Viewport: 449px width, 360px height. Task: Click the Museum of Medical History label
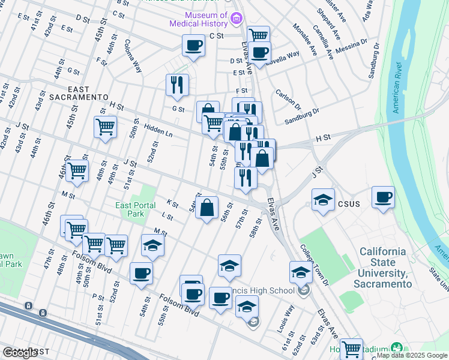click(x=206, y=19)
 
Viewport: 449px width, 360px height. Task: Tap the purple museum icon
click(x=236, y=19)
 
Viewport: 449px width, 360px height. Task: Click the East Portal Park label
click(x=130, y=209)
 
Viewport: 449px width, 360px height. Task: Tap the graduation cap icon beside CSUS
click(x=323, y=200)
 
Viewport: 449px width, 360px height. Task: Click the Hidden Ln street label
click(x=158, y=130)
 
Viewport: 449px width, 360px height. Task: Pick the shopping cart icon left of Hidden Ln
click(x=105, y=127)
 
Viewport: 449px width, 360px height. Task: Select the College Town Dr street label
click(x=316, y=264)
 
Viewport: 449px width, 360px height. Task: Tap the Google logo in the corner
click(x=20, y=353)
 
